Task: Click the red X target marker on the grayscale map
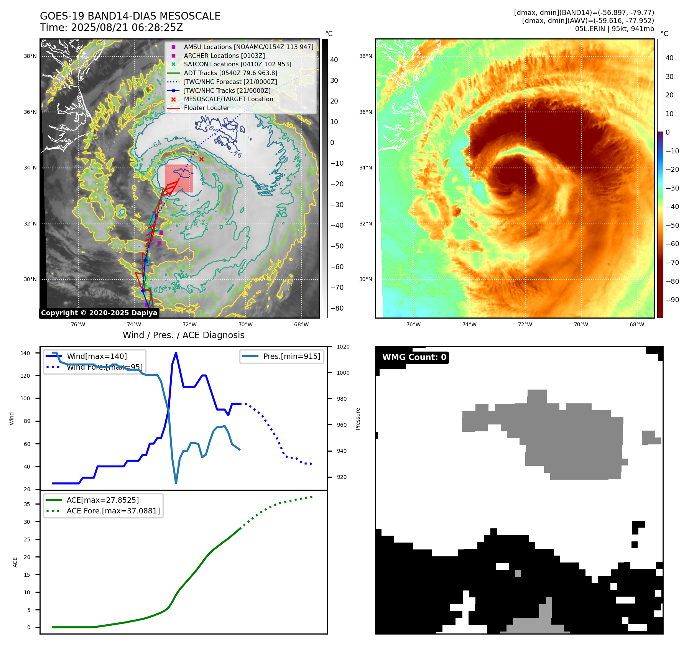(x=201, y=159)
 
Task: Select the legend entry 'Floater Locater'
(x=206, y=108)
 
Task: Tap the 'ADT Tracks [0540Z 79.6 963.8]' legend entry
(x=230, y=73)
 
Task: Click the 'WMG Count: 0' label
(x=414, y=357)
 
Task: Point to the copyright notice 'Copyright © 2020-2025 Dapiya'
(x=99, y=313)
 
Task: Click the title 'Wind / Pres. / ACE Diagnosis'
(x=183, y=335)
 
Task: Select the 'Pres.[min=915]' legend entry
(x=291, y=356)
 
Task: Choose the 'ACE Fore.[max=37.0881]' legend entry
(x=113, y=511)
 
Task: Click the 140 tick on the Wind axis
(x=25, y=353)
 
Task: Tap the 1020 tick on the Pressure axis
(x=343, y=347)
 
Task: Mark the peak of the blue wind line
(x=176, y=353)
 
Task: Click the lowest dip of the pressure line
(x=176, y=483)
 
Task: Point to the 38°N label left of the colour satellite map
(x=365, y=56)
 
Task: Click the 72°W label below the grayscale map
(x=190, y=325)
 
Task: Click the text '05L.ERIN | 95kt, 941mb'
(x=614, y=29)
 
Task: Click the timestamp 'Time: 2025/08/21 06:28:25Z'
(x=111, y=28)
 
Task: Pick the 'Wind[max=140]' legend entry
(x=97, y=356)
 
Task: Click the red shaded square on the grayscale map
(x=179, y=179)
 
